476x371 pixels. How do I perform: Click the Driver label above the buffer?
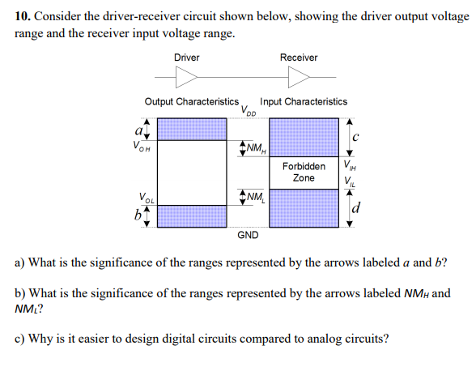(x=186, y=58)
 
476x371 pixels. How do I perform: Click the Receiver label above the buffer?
(x=299, y=58)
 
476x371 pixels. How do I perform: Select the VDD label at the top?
(x=248, y=111)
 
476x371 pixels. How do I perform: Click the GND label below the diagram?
(x=248, y=235)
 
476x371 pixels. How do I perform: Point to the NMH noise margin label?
(x=256, y=148)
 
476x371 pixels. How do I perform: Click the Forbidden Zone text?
(x=304, y=172)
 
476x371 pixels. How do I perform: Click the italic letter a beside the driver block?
(x=140, y=129)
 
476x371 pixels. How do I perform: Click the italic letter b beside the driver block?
(x=139, y=216)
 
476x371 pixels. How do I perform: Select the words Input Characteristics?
(x=304, y=102)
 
